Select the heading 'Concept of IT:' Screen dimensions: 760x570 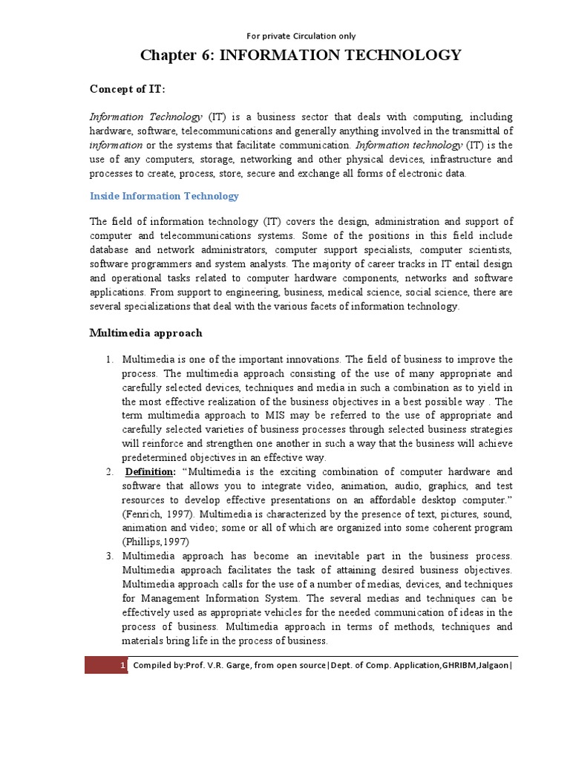pyautogui.click(x=128, y=89)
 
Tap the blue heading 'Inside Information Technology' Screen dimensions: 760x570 pyautogui.click(x=164, y=196)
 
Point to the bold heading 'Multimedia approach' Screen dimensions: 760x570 pyautogui.click(x=145, y=333)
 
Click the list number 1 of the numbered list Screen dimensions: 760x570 pyautogui.click(x=108, y=359)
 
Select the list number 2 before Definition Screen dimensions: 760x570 pyautogui.click(x=108, y=472)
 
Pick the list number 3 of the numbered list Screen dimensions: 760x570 pyautogui.click(x=108, y=557)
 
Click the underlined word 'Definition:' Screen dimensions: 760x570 pyautogui.click(x=151, y=472)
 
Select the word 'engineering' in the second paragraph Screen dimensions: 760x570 pyautogui.click(x=251, y=292)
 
